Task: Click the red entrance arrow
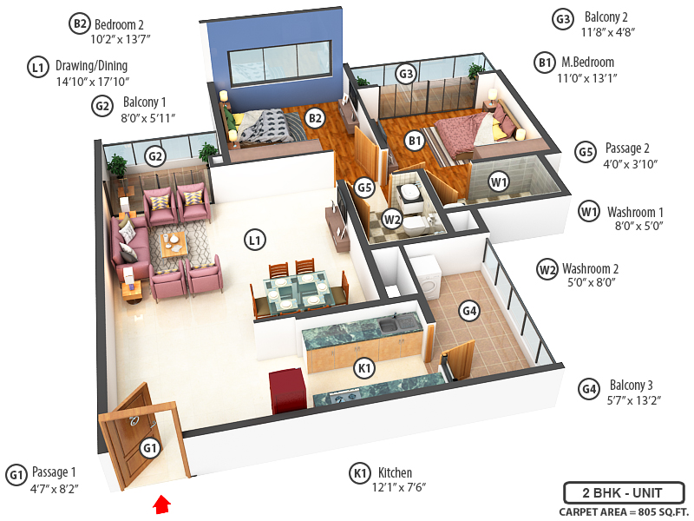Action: coord(162,504)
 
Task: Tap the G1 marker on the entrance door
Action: coord(150,448)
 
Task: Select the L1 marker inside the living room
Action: coord(253,239)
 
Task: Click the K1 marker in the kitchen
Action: coord(365,368)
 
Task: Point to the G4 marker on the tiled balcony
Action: coord(469,310)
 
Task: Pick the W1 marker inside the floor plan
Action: coord(497,182)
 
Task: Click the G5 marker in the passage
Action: coord(365,187)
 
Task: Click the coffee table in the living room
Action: coord(173,242)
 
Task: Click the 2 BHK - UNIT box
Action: coord(622,493)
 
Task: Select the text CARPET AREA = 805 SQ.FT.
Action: coord(621,512)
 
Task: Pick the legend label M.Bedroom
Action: coord(587,62)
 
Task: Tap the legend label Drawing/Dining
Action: coord(91,66)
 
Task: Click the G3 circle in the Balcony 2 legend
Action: coord(564,18)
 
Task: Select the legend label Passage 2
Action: coord(633,148)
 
